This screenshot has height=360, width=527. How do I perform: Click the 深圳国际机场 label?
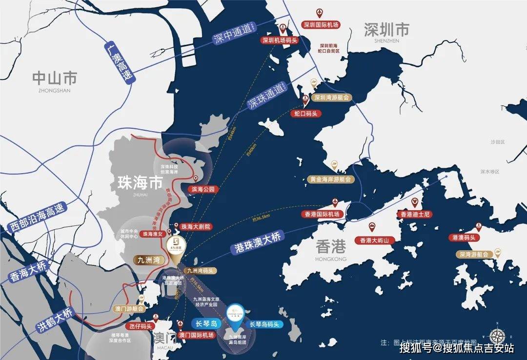point(321,25)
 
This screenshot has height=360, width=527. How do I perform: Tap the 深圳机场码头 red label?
point(280,40)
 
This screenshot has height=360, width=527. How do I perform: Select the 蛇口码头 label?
point(306,114)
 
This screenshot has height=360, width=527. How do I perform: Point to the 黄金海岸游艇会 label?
point(330,179)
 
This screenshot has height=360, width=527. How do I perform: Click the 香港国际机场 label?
point(322,214)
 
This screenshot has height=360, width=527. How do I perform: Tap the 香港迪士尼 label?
point(416,214)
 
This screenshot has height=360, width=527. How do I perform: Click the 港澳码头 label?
point(464,238)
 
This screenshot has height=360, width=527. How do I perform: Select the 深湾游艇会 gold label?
point(473,254)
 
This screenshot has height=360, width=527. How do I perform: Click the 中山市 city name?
point(55,78)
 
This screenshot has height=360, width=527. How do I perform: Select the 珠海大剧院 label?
point(195,227)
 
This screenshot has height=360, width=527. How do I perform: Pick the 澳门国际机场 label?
point(196,335)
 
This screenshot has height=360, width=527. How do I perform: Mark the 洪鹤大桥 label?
point(54,320)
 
